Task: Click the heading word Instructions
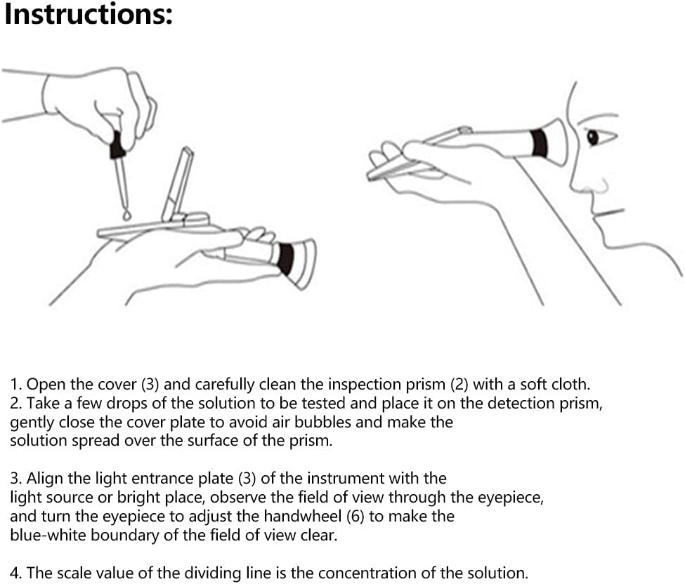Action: pyautogui.click(x=89, y=14)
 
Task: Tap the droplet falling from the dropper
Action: pyautogui.click(x=127, y=215)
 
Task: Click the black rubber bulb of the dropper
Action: pyautogui.click(x=117, y=145)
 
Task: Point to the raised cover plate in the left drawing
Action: pyautogui.click(x=177, y=184)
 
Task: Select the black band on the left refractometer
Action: pyautogui.click(x=286, y=259)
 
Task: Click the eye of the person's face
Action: pyautogui.click(x=593, y=138)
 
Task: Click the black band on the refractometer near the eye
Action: pyautogui.click(x=540, y=142)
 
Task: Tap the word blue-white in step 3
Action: pyautogui.click(x=48, y=535)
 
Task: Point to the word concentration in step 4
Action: pyautogui.click(x=376, y=573)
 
